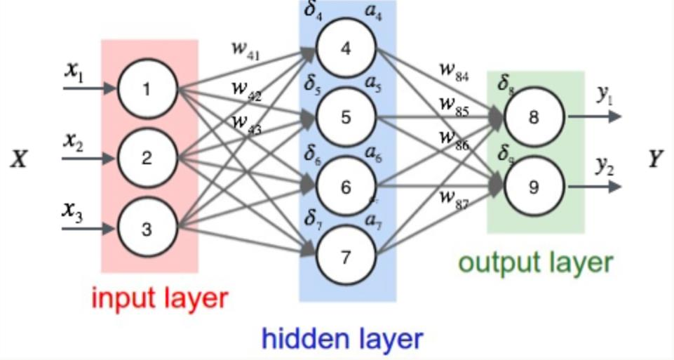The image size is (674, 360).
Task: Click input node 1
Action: pyautogui.click(x=146, y=89)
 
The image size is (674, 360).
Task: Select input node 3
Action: pyautogui.click(x=146, y=229)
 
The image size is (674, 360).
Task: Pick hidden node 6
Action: pyautogui.click(x=345, y=187)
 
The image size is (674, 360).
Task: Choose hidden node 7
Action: pyautogui.click(x=345, y=258)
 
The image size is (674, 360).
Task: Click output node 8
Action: pyautogui.click(x=534, y=117)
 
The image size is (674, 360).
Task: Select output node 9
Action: pyautogui.click(x=534, y=187)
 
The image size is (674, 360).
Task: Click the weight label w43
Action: pyautogui.click(x=246, y=122)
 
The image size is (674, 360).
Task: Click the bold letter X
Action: pyautogui.click(x=19, y=161)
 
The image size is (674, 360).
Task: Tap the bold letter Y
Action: pyautogui.click(x=655, y=161)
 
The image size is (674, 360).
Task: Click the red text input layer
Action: pyautogui.click(x=160, y=298)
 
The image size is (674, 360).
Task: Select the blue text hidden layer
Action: pyautogui.click(x=342, y=339)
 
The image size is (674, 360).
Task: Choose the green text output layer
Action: pyautogui.click(x=536, y=262)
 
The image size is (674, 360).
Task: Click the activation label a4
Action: pyautogui.click(x=373, y=13)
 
